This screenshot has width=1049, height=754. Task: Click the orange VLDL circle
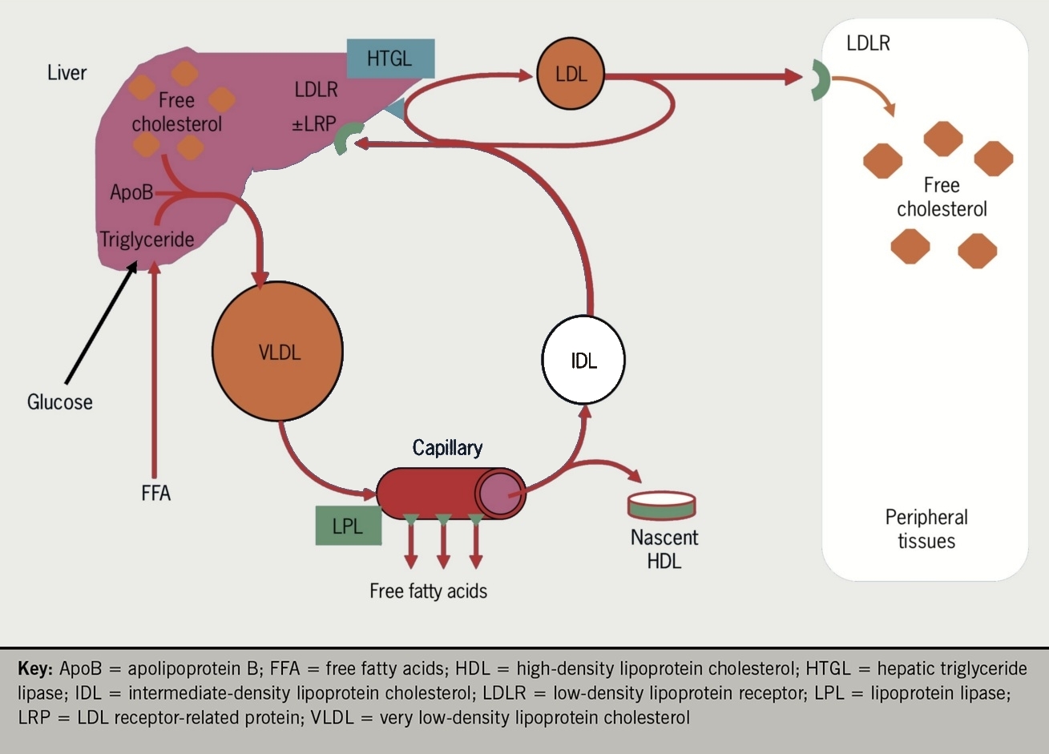277,351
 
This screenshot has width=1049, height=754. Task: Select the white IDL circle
583,360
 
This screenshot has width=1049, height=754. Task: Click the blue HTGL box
389,58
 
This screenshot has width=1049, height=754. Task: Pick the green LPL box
348,526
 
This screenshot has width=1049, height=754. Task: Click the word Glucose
60,401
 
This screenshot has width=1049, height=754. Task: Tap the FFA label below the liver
155,492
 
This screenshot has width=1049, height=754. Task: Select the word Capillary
447,447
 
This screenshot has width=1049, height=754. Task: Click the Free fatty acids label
428,591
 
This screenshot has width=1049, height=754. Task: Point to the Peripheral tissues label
926,529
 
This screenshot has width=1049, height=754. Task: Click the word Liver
67,73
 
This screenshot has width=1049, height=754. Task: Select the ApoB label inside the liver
131,193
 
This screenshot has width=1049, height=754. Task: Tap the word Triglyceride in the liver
147,239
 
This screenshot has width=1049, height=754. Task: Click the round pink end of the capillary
500,493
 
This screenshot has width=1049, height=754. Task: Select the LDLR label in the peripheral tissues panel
868,43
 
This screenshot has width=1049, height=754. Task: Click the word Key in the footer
34,668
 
